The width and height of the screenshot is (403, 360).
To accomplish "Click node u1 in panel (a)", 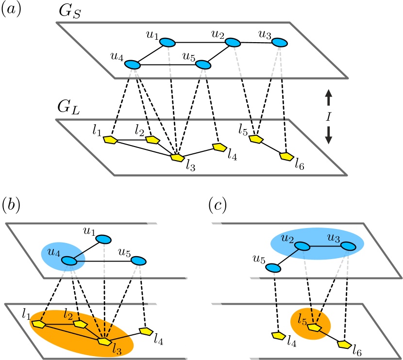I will click(x=168, y=43).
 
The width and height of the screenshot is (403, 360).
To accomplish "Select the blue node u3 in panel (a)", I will click(x=279, y=43).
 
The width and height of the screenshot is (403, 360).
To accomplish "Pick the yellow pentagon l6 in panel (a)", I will click(x=287, y=157).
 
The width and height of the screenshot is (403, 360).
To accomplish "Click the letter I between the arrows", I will click(x=328, y=116).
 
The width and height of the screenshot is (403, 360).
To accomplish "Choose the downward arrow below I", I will click(x=328, y=134).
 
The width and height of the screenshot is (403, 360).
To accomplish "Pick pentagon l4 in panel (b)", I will click(x=146, y=331).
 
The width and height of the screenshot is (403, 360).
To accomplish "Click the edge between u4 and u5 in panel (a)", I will click(x=168, y=65).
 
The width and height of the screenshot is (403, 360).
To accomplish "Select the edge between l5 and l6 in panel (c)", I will click(x=330, y=336).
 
